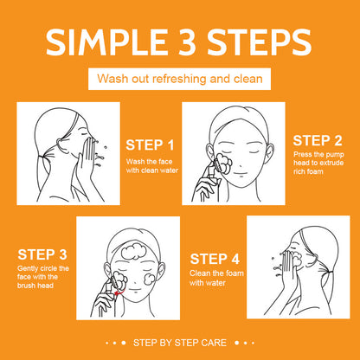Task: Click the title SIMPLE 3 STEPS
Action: [x=179, y=43]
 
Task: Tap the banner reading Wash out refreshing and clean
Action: [x=179, y=80]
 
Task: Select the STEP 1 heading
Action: [x=150, y=145]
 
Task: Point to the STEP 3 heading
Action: [x=42, y=254]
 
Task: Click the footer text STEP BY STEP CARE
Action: [x=179, y=343]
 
